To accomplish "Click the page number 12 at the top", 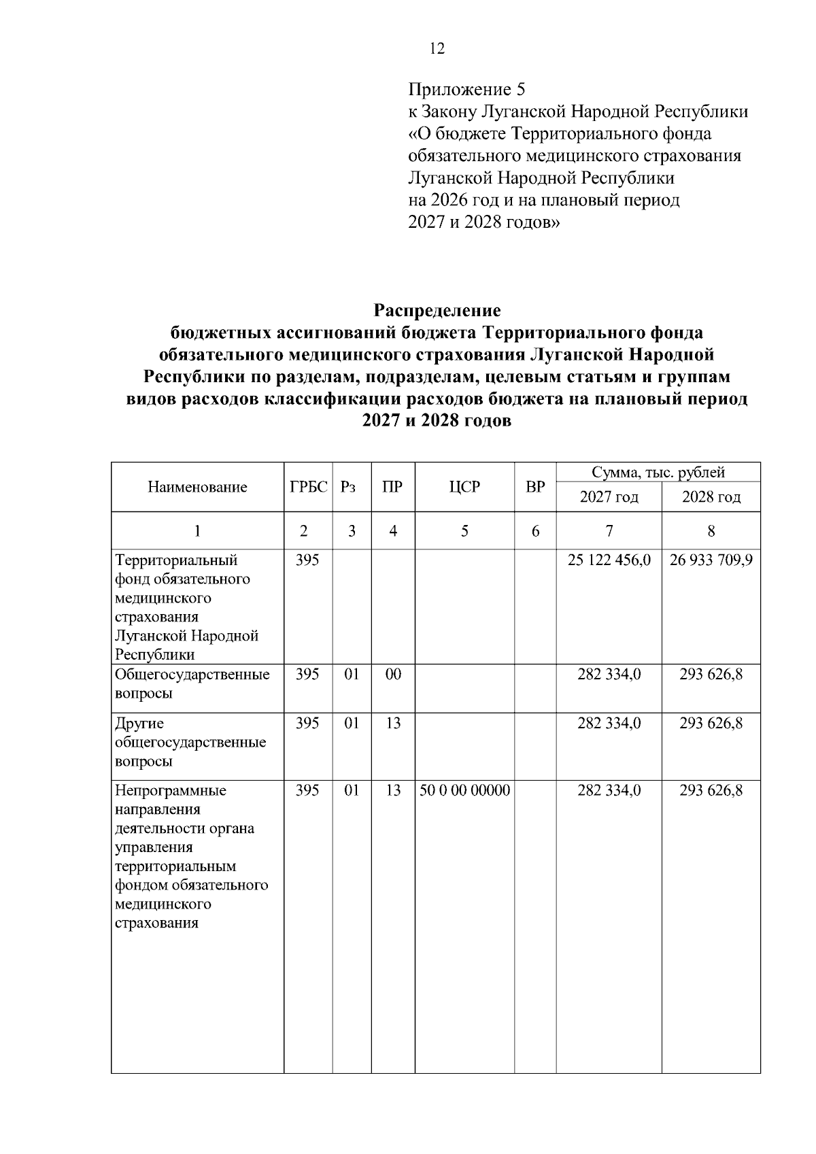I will [437, 49].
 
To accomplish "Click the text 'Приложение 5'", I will [466, 90].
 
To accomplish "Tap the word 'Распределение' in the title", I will [437, 311].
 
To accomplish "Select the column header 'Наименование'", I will [197, 487].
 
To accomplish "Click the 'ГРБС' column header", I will [308, 487].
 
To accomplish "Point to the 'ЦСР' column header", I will [464, 487].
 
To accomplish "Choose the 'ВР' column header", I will [535, 487].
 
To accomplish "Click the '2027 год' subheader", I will [609, 497].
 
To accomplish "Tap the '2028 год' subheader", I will [711, 497].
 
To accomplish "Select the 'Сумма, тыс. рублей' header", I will [658, 472].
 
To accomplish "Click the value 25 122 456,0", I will [609, 560].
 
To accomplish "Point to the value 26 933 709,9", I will [711, 560].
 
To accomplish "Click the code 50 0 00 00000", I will [464, 791].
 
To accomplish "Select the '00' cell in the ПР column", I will [393, 675].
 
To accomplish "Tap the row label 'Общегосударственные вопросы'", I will [192, 683].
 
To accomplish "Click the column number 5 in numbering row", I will [464, 531].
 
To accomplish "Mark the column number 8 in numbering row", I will [711, 531].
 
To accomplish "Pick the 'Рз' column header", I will [349, 487].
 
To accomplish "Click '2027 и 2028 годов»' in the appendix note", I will [483, 222].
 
